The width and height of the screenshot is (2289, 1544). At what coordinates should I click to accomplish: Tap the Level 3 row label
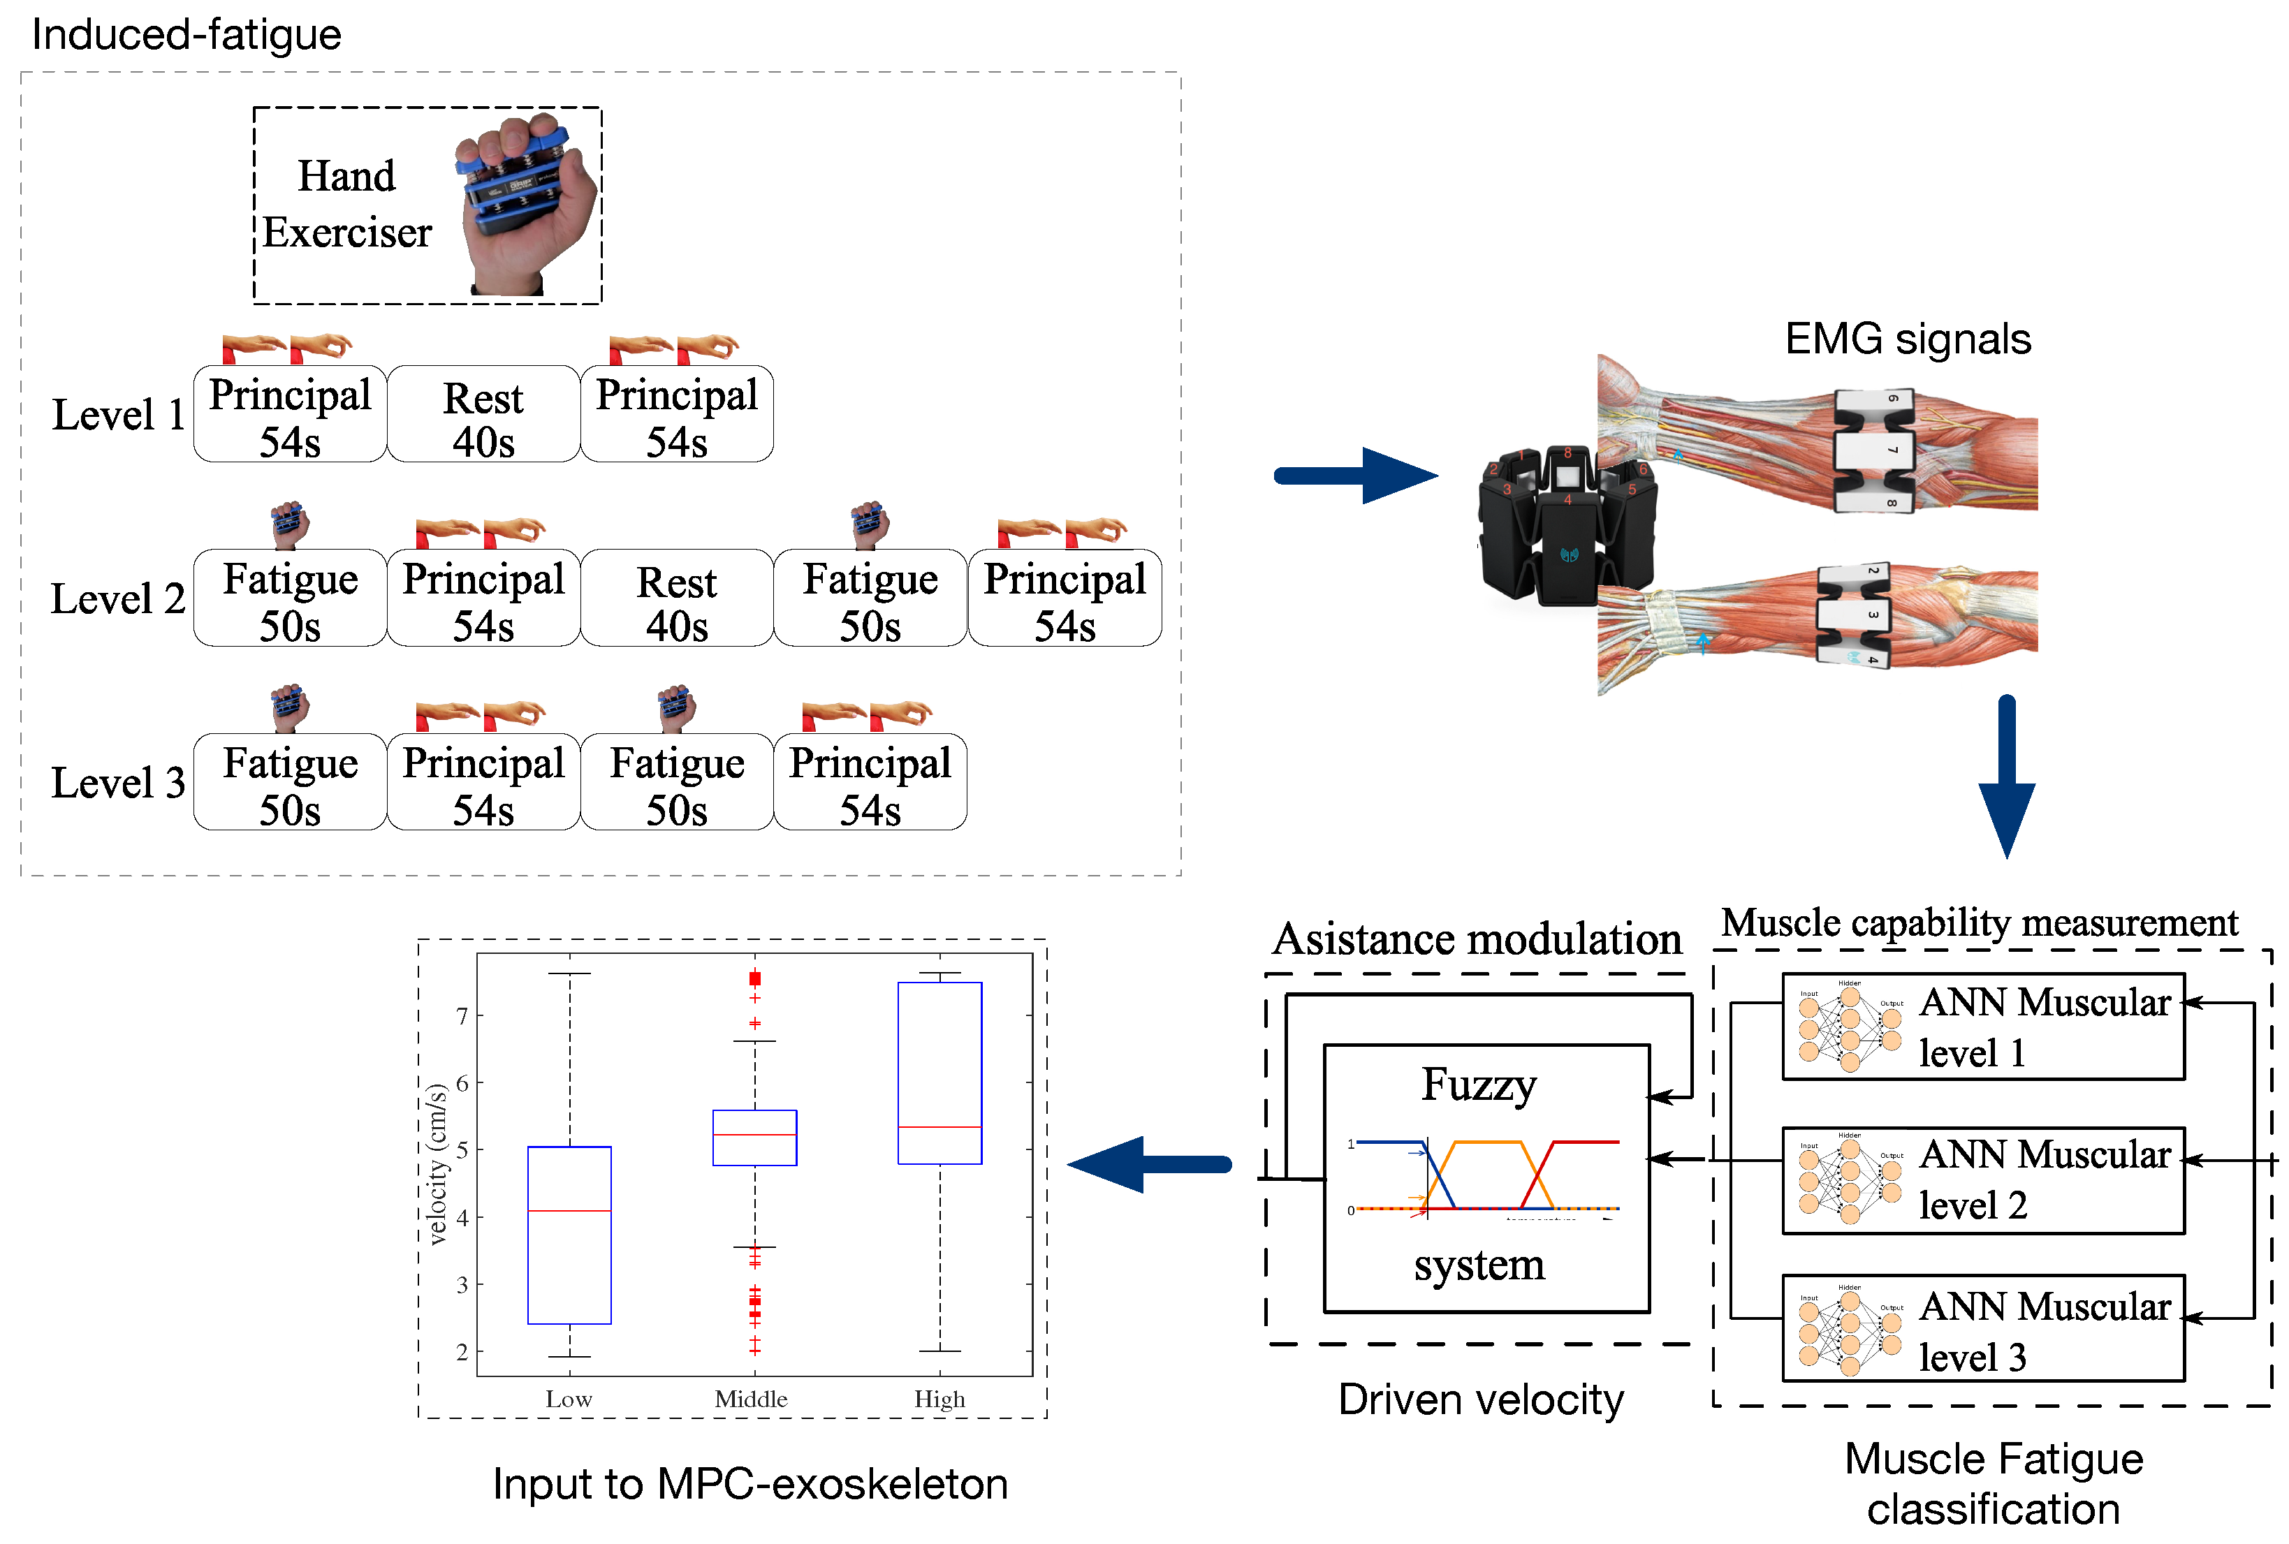click(118, 783)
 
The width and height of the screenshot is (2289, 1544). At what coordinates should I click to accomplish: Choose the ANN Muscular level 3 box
click(1982, 1330)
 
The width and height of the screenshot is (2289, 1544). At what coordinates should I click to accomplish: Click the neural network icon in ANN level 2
click(1849, 1179)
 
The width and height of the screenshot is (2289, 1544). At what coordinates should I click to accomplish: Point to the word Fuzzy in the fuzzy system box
click(1479, 1085)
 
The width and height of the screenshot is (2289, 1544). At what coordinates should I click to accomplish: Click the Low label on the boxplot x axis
click(569, 1399)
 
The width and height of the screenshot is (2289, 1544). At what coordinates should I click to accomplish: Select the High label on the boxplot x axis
click(939, 1399)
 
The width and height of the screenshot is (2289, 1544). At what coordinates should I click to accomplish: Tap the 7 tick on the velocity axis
click(462, 1015)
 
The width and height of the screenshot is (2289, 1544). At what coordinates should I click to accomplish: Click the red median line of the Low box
click(569, 1210)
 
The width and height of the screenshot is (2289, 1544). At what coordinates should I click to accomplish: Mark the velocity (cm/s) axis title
click(437, 1164)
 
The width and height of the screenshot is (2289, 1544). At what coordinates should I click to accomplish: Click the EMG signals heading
click(1907, 339)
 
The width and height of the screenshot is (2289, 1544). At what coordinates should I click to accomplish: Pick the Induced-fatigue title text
click(187, 34)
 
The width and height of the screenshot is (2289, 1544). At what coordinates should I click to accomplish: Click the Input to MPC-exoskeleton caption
click(749, 1484)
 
